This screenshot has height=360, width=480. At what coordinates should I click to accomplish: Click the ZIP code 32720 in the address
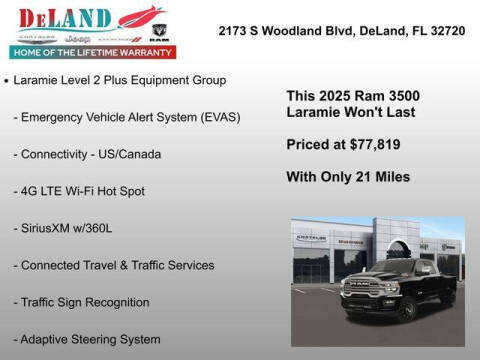point(451,31)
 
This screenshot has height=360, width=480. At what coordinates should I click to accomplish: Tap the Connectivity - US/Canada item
point(87,153)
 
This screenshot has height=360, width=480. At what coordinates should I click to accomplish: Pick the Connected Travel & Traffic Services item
point(114,264)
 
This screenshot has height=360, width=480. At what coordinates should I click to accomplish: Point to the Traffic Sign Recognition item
point(81,301)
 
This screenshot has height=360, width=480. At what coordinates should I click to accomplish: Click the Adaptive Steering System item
point(87,339)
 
